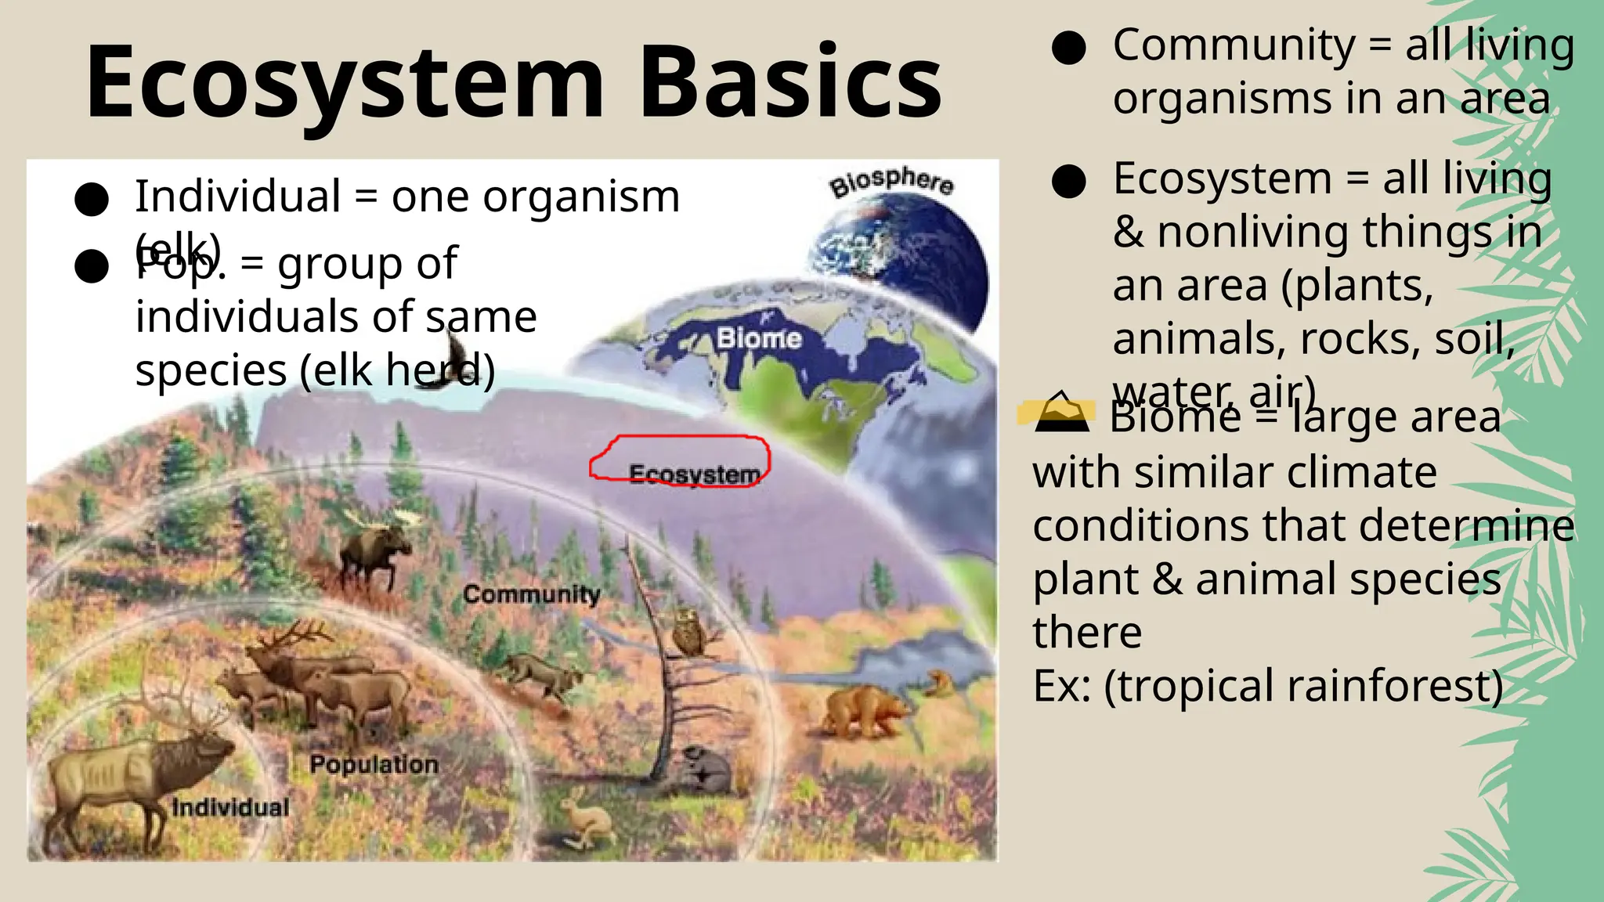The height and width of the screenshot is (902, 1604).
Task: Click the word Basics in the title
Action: pos(791,83)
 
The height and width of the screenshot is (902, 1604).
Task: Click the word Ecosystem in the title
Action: pos(345,83)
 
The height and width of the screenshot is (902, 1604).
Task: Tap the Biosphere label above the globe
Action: pos(891,182)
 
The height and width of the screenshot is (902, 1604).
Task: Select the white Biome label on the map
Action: pos(759,338)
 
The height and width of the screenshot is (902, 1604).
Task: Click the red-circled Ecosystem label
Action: pos(695,474)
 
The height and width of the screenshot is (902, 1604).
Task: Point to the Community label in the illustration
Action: pos(531,594)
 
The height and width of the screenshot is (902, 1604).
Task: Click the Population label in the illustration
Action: pos(374,764)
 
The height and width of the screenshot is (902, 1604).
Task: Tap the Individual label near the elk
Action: pos(230,807)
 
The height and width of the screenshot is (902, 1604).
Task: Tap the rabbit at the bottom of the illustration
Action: pos(583,818)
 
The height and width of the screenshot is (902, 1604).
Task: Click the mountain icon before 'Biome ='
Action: pos(1061,413)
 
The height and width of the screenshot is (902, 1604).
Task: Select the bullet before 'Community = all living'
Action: pos(1068,48)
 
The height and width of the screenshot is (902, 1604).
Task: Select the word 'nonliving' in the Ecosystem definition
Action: pos(1253,233)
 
